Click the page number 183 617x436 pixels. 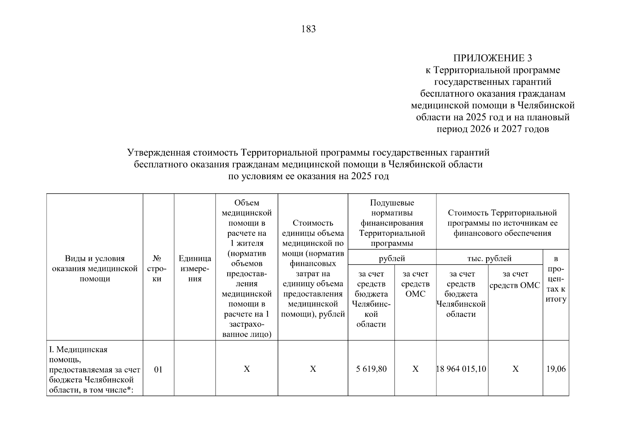pyautogui.click(x=308, y=29)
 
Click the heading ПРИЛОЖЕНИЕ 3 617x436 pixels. pyautogui.click(x=492, y=58)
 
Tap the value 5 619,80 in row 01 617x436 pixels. pyautogui.click(x=371, y=369)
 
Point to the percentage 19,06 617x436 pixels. pyautogui.click(x=556, y=369)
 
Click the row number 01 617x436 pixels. pyautogui.click(x=158, y=370)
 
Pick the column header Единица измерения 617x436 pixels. pyautogui.click(x=195, y=269)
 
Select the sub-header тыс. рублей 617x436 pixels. pyautogui.click(x=489, y=259)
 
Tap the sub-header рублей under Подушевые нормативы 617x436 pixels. pyautogui.click(x=392, y=259)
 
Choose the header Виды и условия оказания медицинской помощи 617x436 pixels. pyautogui.click(x=95, y=269)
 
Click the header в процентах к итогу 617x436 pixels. pyautogui.click(x=556, y=279)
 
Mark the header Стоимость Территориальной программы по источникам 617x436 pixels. pyautogui.click(x=502, y=223)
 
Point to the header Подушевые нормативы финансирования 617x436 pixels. pyautogui.click(x=392, y=223)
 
